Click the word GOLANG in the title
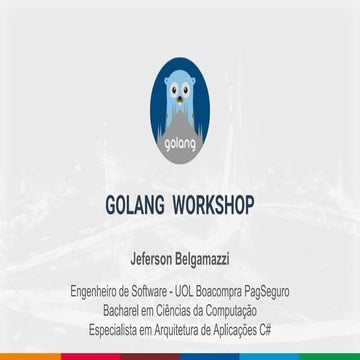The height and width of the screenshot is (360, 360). (134, 206)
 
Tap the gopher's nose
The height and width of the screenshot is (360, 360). (180, 107)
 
